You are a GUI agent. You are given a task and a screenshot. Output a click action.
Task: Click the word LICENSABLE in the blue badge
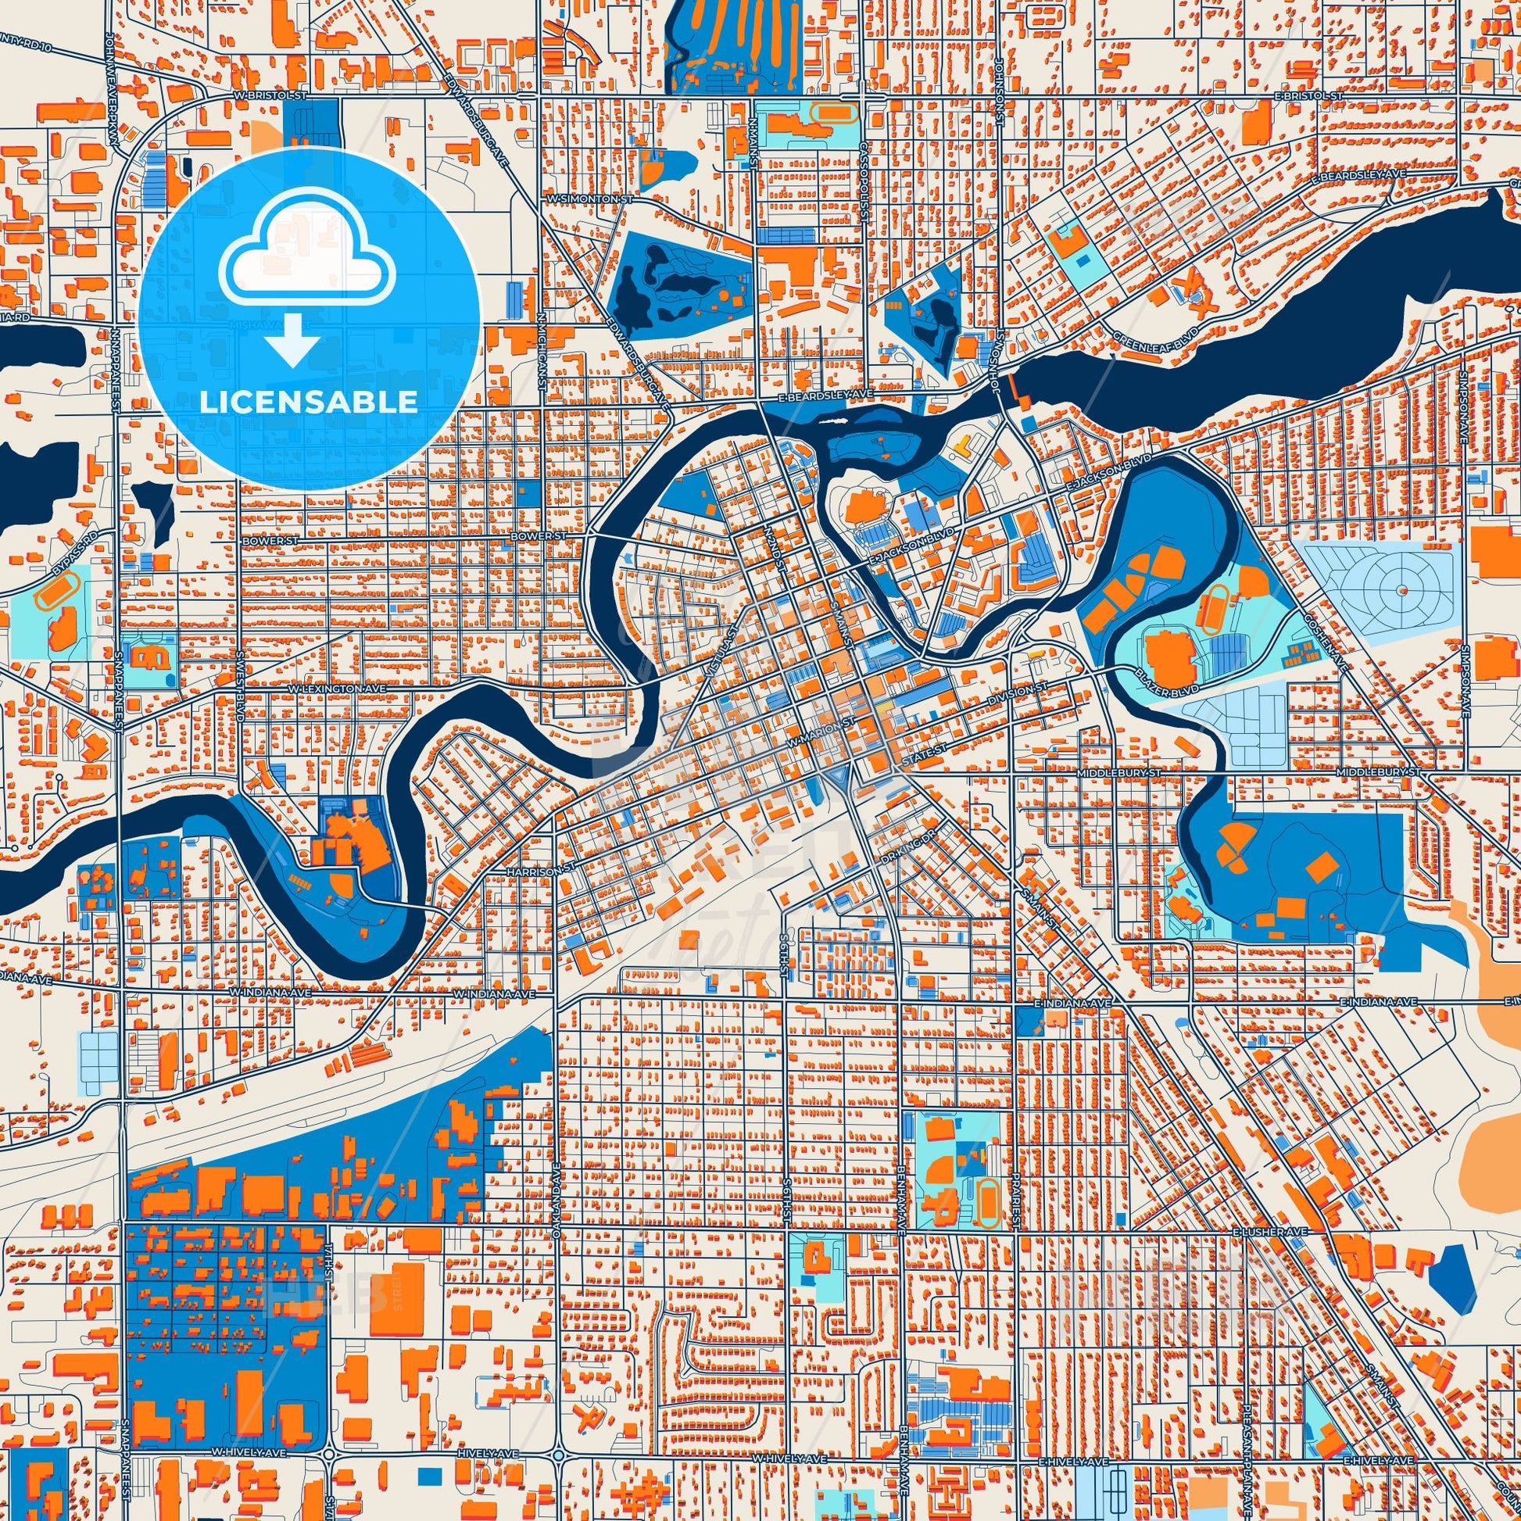(x=308, y=402)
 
